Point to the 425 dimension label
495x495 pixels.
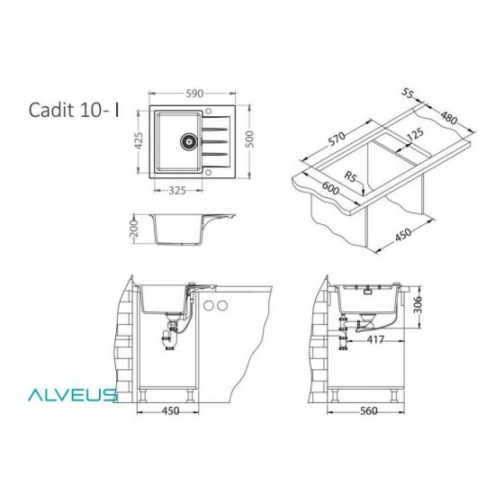pyautogui.click(x=138, y=141)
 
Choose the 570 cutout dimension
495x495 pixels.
pyautogui.click(x=337, y=140)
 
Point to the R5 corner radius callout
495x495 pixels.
pyautogui.click(x=351, y=177)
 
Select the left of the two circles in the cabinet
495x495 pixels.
pyautogui.click(x=207, y=308)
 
